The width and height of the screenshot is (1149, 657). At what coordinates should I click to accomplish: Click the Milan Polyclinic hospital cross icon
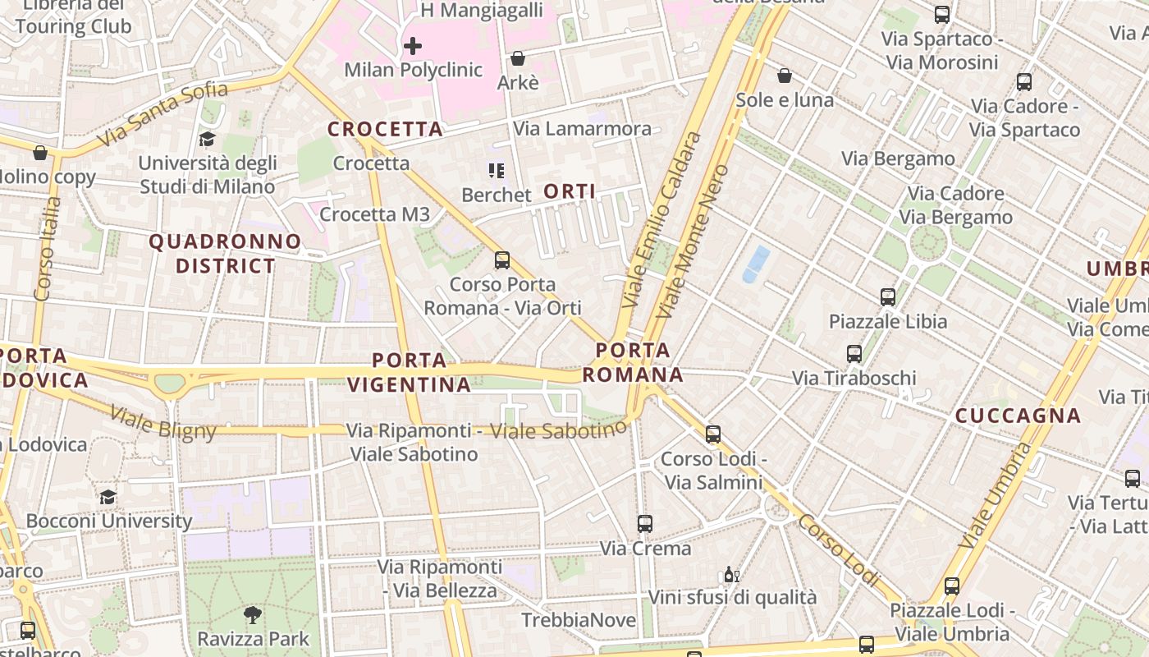click(x=413, y=45)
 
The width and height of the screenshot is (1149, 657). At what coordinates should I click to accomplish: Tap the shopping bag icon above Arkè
click(x=518, y=58)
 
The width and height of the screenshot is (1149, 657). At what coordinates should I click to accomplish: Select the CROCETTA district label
click(x=385, y=129)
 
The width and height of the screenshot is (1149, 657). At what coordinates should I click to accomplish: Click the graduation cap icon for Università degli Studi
click(x=207, y=139)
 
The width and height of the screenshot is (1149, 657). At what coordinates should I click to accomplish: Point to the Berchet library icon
click(x=496, y=171)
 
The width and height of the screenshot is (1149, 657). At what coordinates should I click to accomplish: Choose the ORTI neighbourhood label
click(x=570, y=191)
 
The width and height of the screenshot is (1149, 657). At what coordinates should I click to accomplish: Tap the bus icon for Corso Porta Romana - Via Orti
click(x=502, y=260)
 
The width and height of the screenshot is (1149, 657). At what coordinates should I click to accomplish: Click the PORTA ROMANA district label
click(x=632, y=363)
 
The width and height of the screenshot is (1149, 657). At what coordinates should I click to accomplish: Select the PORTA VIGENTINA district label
click(x=409, y=372)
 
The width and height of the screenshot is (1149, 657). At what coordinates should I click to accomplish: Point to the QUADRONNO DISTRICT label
click(x=225, y=253)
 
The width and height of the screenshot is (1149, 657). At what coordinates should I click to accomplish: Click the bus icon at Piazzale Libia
click(x=887, y=297)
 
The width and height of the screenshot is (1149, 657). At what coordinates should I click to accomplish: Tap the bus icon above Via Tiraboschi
click(x=854, y=354)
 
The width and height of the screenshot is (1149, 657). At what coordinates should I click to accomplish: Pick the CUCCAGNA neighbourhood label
click(x=1018, y=416)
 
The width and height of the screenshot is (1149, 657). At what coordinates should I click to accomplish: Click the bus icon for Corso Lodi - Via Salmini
click(x=713, y=434)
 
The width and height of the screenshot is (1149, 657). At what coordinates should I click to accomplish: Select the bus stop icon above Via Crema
click(x=645, y=523)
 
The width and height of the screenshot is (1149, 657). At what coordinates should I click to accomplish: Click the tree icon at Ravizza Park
click(x=254, y=614)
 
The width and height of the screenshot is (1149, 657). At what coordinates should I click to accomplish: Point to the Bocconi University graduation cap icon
click(x=108, y=497)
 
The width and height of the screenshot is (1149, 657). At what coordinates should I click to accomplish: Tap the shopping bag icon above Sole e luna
click(x=785, y=76)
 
